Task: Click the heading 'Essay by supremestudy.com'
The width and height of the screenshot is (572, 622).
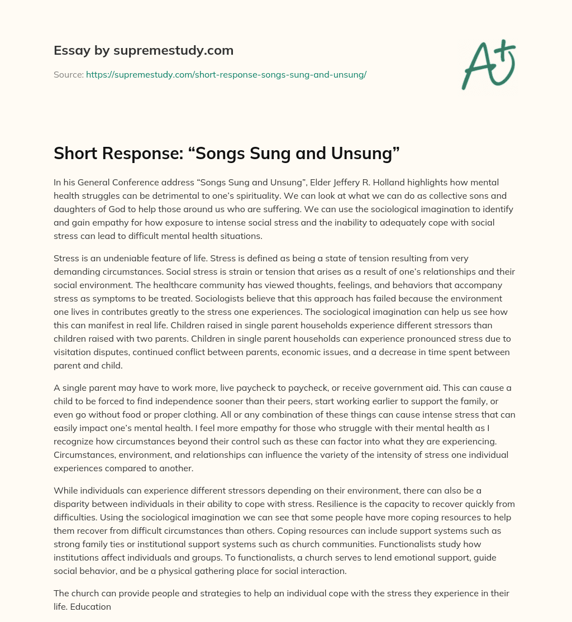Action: (x=144, y=51)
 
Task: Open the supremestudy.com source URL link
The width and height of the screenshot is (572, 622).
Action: (x=226, y=74)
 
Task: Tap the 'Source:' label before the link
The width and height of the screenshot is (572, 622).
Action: (x=68, y=74)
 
